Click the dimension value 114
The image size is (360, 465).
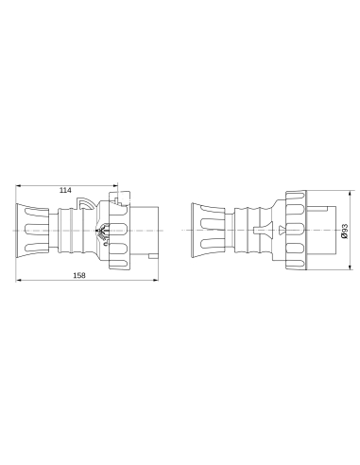click(65, 190)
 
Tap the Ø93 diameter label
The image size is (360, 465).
click(345, 230)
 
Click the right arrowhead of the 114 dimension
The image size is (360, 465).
click(115, 185)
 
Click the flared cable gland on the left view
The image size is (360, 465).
click(31, 231)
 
